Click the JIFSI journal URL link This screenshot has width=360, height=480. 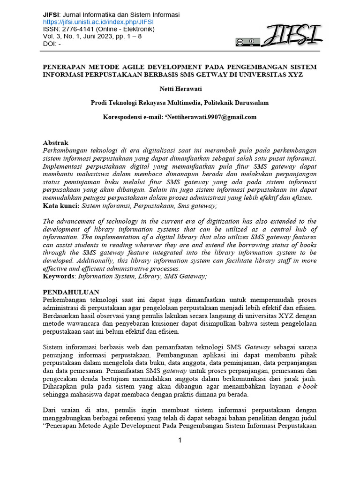(98, 22)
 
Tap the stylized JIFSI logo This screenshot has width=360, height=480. (291, 35)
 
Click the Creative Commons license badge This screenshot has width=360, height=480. (247, 42)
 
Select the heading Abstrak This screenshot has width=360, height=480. (56, 142)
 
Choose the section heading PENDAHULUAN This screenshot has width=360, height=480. (71, 292)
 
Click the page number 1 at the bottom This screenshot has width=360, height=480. (180, 440)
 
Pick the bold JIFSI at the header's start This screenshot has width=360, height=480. (52, 15)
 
